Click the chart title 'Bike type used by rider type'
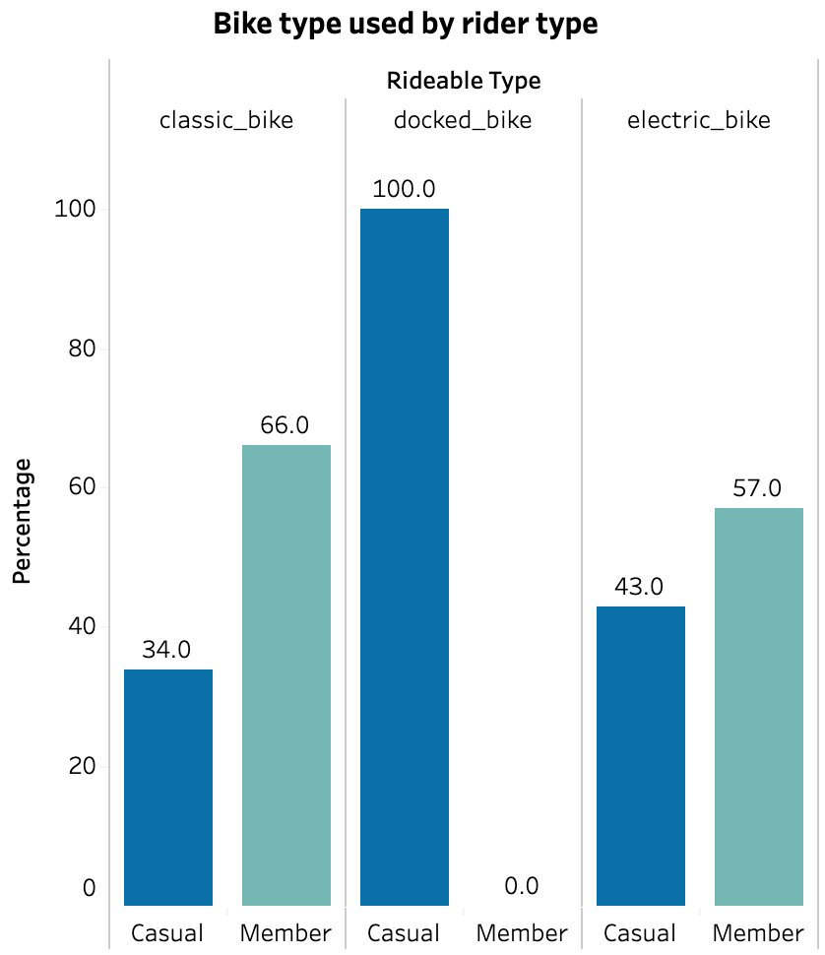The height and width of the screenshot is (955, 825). (406, 24)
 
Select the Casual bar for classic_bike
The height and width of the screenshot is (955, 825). (167, 787)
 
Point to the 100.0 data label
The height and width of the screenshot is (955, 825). (404, 188)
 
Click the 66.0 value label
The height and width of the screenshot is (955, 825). (286, 424)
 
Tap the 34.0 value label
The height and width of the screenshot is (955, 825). (167, 649)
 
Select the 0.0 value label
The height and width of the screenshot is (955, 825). (522, 886)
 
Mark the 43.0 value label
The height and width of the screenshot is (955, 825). (640, 587)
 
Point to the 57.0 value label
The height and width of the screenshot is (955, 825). (758, 487)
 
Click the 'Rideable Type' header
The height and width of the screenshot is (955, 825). (464, 81)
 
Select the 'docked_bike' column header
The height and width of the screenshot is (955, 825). (463, 121)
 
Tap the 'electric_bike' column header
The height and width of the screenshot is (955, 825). (699, 121)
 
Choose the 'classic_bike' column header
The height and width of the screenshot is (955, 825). (226, 121)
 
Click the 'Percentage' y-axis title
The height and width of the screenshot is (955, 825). (23, 521)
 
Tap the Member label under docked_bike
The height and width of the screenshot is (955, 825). (522, 932)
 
